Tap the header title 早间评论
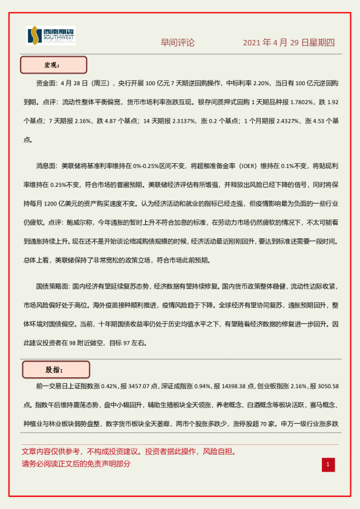178,43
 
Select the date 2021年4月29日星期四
289,43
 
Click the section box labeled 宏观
54,65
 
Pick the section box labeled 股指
56,369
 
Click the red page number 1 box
327,464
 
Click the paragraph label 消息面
47,165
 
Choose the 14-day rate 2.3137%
178,121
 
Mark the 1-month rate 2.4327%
284,121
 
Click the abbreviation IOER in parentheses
234,165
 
